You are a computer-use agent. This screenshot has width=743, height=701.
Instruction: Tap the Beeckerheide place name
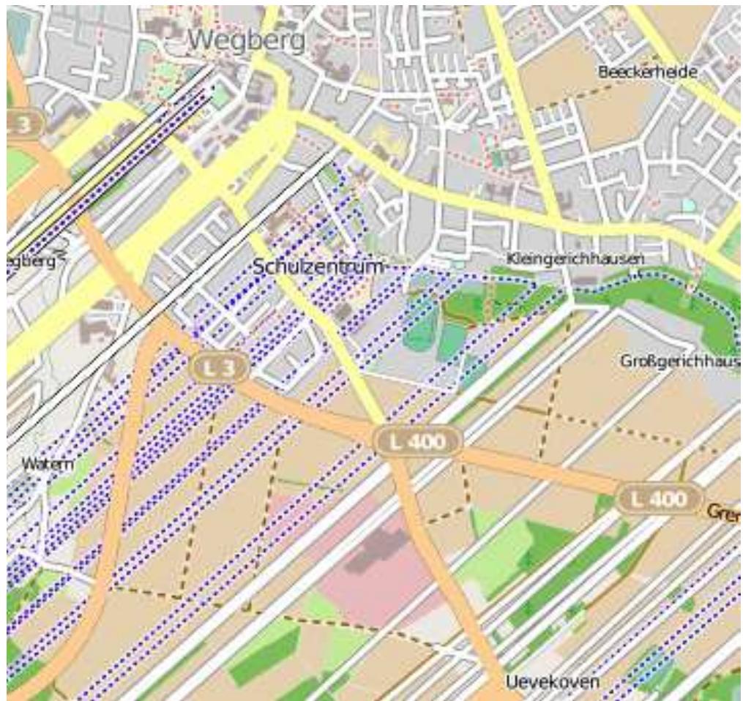click(x=647, y=72)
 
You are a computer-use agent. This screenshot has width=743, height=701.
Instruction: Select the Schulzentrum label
click(x=318, y=266)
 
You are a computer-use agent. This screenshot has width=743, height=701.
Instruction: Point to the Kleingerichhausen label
click(x=575, y=258)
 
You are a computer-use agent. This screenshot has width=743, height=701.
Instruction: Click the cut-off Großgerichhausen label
click(x=679, y=361)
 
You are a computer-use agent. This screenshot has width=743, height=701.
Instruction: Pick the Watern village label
click(x=42, y=462)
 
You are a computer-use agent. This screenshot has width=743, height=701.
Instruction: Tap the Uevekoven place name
click(x=552, y=682)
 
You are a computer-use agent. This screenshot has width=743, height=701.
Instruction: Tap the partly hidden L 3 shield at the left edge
click(x=22, y=122)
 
